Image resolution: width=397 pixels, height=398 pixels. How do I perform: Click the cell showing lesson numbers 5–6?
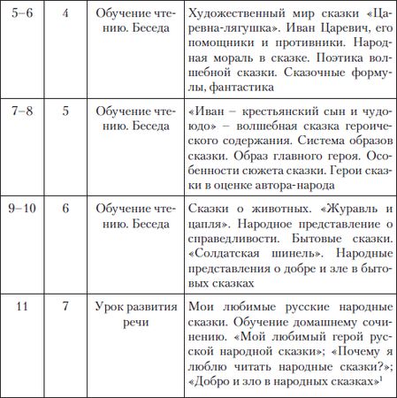point(25,14)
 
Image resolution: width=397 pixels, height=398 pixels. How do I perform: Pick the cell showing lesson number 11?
point(25,306)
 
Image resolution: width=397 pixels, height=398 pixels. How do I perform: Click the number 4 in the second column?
point(65,14)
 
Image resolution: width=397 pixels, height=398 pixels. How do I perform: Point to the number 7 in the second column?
point(65,306)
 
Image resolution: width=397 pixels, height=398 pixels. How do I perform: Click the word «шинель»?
point(288,260)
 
